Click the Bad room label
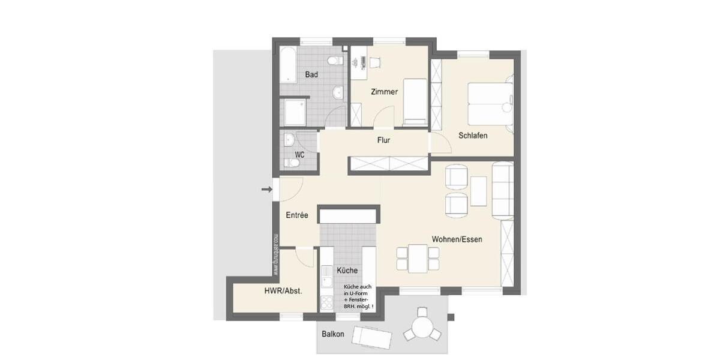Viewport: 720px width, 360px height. point(311,75)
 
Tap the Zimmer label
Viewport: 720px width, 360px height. point(385,92)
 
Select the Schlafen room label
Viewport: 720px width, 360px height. point(473,136)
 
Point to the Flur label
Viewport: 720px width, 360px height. point(384,140)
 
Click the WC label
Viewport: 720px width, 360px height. point(299,155)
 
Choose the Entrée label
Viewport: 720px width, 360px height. point(297,215)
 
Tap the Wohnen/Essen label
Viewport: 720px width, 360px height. point(457,239)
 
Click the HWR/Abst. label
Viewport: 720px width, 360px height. point(283,290)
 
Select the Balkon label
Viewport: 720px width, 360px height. point(333,334)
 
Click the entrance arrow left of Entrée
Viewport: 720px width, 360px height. point(266,190)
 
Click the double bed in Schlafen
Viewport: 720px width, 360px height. point(490,103)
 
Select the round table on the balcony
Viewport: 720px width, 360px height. point(422,330)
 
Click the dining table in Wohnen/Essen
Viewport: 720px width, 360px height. point(417,258)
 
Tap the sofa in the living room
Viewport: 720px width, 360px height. point(503,190)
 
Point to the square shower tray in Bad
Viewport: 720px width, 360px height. point(294,112)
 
